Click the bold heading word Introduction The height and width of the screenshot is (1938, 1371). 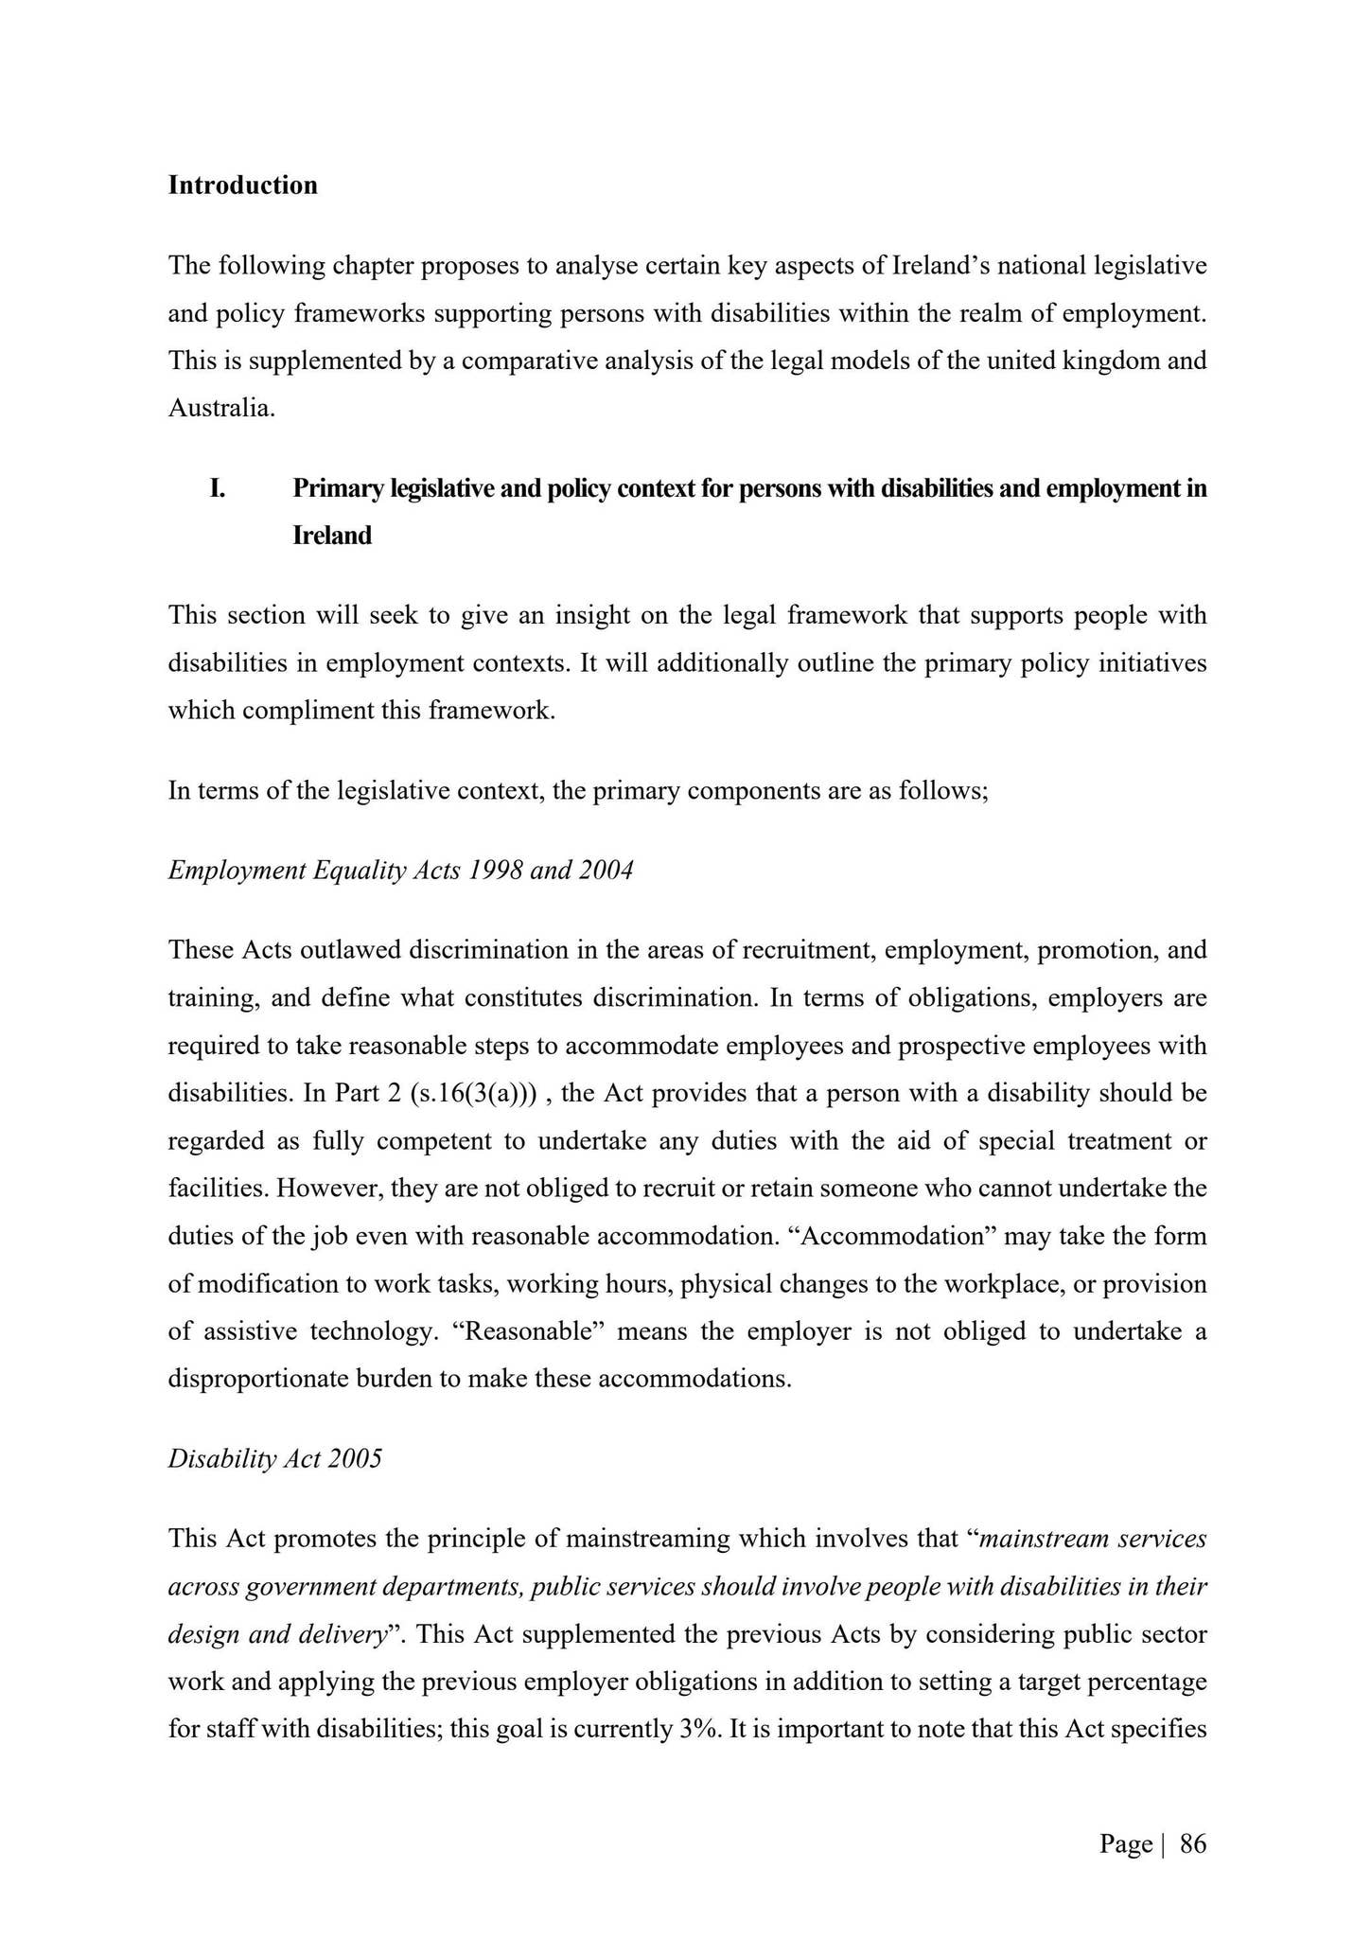coord(242,185)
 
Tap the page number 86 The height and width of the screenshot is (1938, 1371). coord(1193,1844)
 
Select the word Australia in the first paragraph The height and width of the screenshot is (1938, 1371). coord(220,409)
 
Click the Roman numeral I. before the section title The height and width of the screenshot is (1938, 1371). coord(218,488)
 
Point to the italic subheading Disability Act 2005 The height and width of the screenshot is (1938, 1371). coord(274,1458)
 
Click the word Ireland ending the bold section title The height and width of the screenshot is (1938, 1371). coord(332,536)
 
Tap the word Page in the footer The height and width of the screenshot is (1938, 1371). coord(1125,1844)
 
